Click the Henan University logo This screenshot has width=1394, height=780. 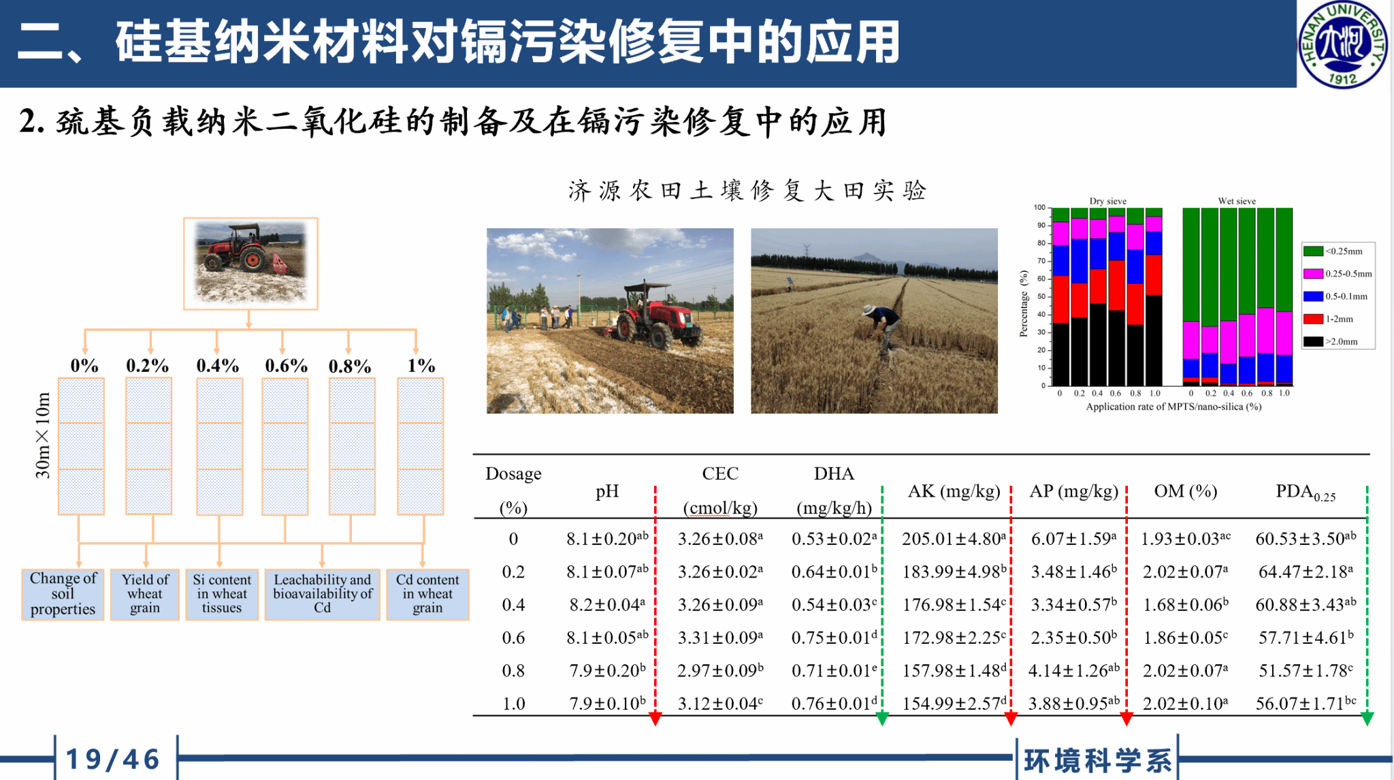[1343, 44]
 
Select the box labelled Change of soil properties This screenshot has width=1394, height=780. [63, 594]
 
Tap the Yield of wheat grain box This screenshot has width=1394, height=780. [145, 594]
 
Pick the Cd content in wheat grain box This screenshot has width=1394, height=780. [427, 594]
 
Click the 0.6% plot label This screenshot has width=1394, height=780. [286, 366]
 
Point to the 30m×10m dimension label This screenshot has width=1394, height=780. [43, 435]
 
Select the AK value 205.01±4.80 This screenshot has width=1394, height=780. [954, 538]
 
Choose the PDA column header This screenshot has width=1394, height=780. [1306, 493]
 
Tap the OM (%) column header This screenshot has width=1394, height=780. [1186, 490]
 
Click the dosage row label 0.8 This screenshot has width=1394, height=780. [513, 670]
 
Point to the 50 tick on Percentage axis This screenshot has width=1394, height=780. [1041, 296]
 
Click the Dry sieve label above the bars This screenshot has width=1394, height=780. [1107, 201]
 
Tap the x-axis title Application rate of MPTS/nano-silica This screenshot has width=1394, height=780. [1173, 407]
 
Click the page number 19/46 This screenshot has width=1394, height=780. [113, 759]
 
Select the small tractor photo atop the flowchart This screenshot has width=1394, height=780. [250, 264]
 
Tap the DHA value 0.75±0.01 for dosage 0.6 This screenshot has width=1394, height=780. [834, 637]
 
